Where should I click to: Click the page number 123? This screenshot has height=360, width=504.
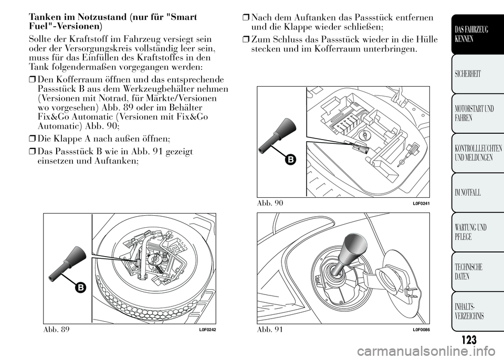point(469,340)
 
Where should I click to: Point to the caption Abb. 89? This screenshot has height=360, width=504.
point(56,330)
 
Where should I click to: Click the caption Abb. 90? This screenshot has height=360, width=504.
point(270,203)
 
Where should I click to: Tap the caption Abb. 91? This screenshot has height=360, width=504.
point(270,330)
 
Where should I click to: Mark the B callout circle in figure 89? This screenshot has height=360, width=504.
point(80,288)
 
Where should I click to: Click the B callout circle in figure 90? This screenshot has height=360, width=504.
point(290,160)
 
